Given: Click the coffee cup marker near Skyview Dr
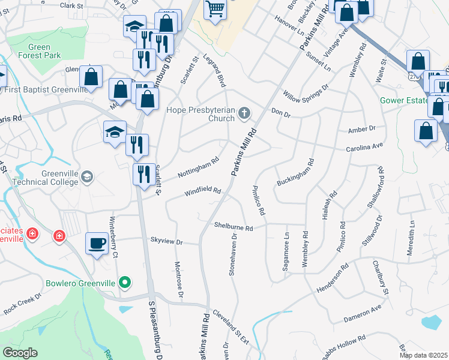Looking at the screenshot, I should point(97,243).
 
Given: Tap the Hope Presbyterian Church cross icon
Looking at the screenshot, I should point(244,113).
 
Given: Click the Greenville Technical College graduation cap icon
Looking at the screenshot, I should point(88,176).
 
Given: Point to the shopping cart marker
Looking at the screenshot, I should point(214,9).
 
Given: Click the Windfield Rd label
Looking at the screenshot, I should point(203,191).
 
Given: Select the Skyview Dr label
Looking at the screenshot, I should point(166,241).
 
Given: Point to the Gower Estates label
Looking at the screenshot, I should point(403,100).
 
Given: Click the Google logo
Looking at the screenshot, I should point(20,353).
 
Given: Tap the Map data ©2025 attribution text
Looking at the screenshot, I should point(423,355).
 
